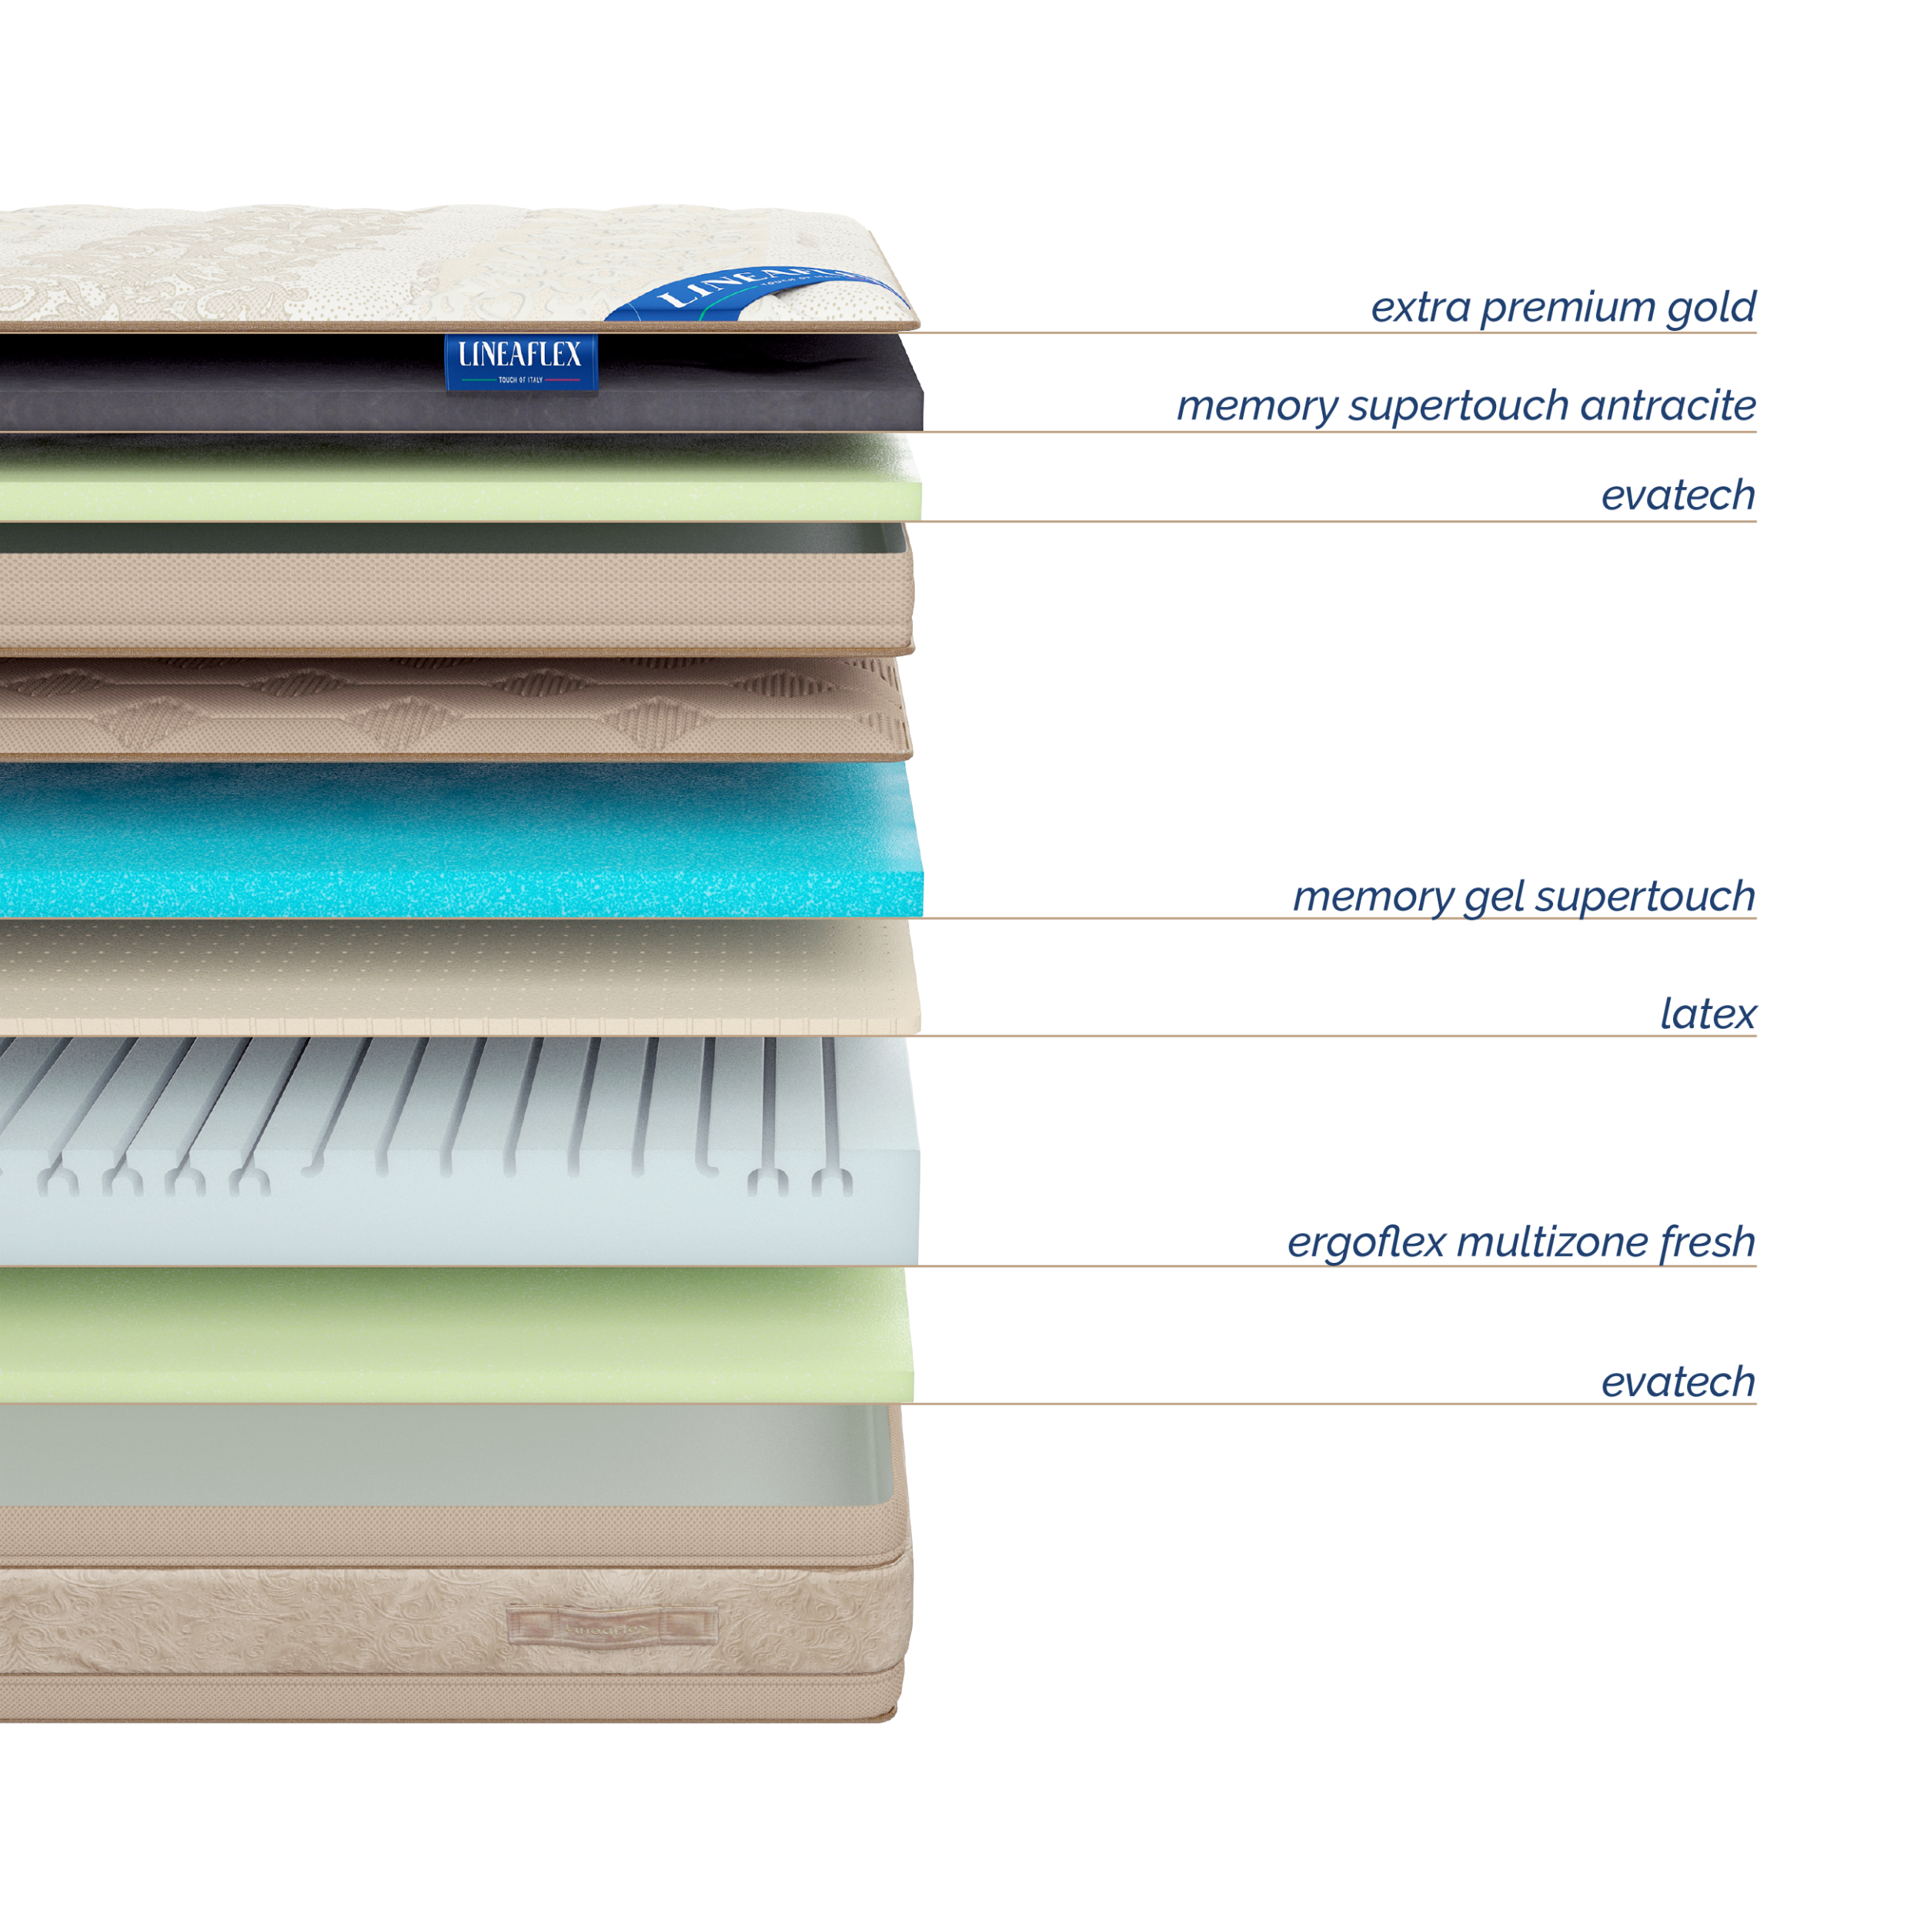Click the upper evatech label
[x=1678, y=495]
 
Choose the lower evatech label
[x=1678, y=1382]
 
